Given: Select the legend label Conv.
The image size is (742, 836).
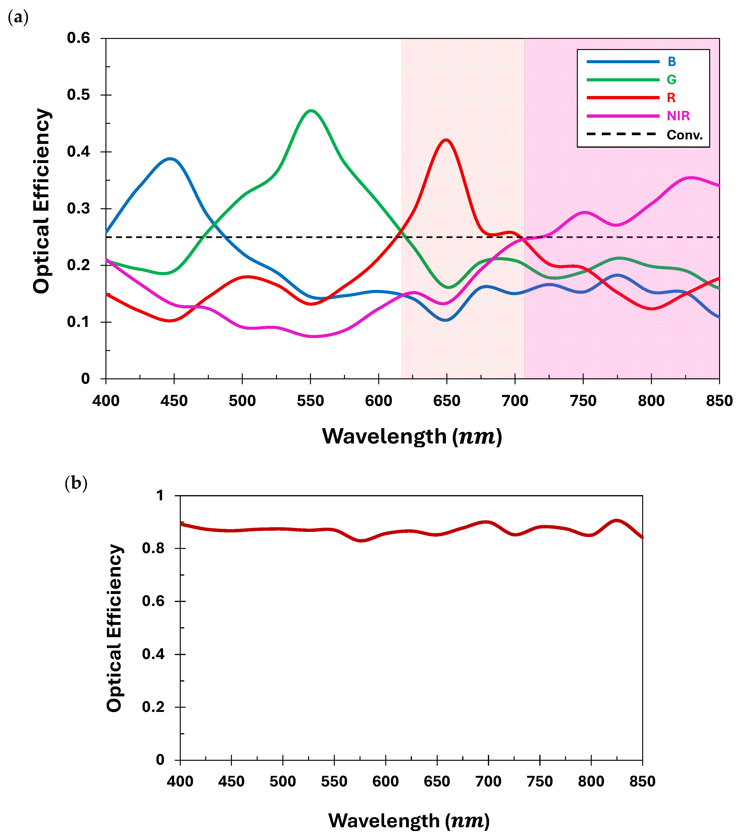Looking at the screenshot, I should (684, 135).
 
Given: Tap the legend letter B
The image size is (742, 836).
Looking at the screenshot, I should (672, 62).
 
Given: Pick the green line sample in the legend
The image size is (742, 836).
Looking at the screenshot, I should (623, 80).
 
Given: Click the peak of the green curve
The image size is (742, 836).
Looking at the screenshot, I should (311, 110).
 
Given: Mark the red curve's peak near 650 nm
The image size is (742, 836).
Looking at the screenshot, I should (446, 140).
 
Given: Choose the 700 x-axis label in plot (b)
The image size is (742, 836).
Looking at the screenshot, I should (488, 782).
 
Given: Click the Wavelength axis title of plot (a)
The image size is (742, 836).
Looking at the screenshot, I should (412, 436).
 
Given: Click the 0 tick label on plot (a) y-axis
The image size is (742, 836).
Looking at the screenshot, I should (85, 379).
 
